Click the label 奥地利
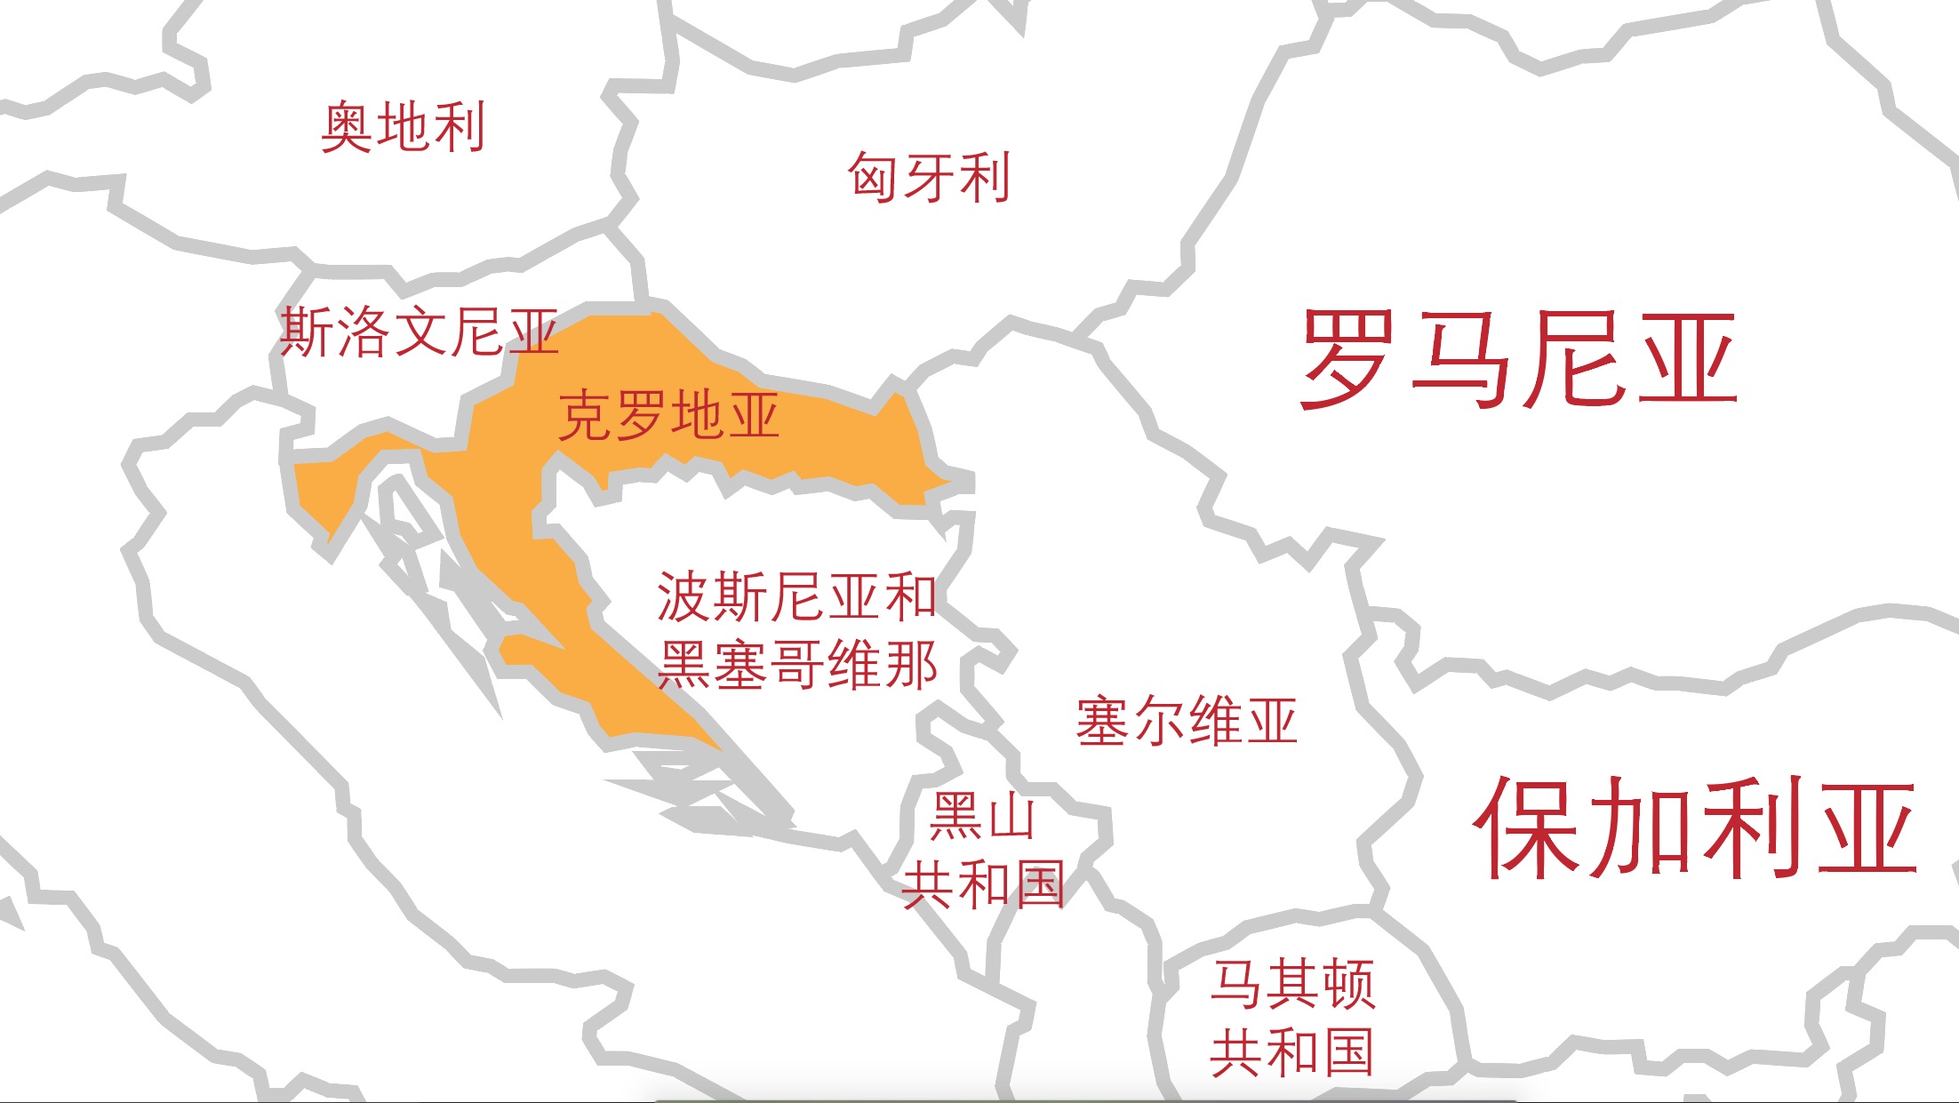coord(403,127)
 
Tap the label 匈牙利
coord(929,177)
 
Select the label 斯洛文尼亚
coord(419,332)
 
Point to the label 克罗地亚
coord(668,415)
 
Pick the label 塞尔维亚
coord(1187,721)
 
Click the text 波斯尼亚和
coord(796,596)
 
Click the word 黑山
coord(983,816)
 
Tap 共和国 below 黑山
coord(983,884)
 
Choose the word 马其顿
coord(1292,984)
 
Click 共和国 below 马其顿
coord(1292,1052)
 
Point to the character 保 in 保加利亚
coord(1527,828)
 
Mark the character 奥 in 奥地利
coord(347,127)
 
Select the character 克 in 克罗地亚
coord(585,415)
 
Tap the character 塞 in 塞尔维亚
coord(1103,721)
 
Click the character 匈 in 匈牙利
coord(873,177)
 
